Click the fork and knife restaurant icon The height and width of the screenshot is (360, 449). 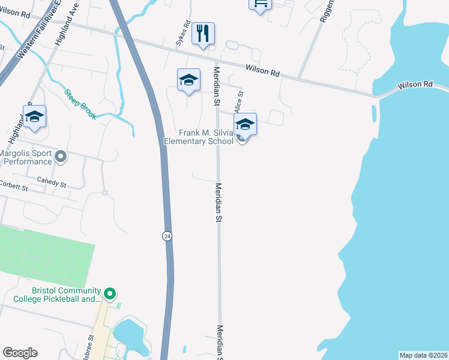click(x=203, y=34)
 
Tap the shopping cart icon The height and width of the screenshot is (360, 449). click(x=261, y=4)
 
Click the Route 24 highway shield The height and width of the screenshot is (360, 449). click(x=167, y=236)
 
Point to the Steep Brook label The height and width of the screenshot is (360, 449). click(x=80, y=104)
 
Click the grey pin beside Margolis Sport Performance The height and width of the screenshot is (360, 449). click(x=61, y=157)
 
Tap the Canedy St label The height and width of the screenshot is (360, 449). click(x=51, y=182)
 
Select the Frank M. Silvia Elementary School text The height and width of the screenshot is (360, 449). click(x=199, y=137)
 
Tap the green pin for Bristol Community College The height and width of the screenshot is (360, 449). click(x=109, y=294)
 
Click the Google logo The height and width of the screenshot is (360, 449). click(x=20, y=353)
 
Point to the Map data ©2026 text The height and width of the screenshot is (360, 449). click(x=423, y=355)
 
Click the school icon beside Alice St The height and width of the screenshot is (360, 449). click(x=245, y=125)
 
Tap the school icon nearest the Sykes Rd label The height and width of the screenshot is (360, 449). click(x=188, y=80)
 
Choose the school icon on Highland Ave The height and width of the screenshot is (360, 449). click(x=35, y=117)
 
